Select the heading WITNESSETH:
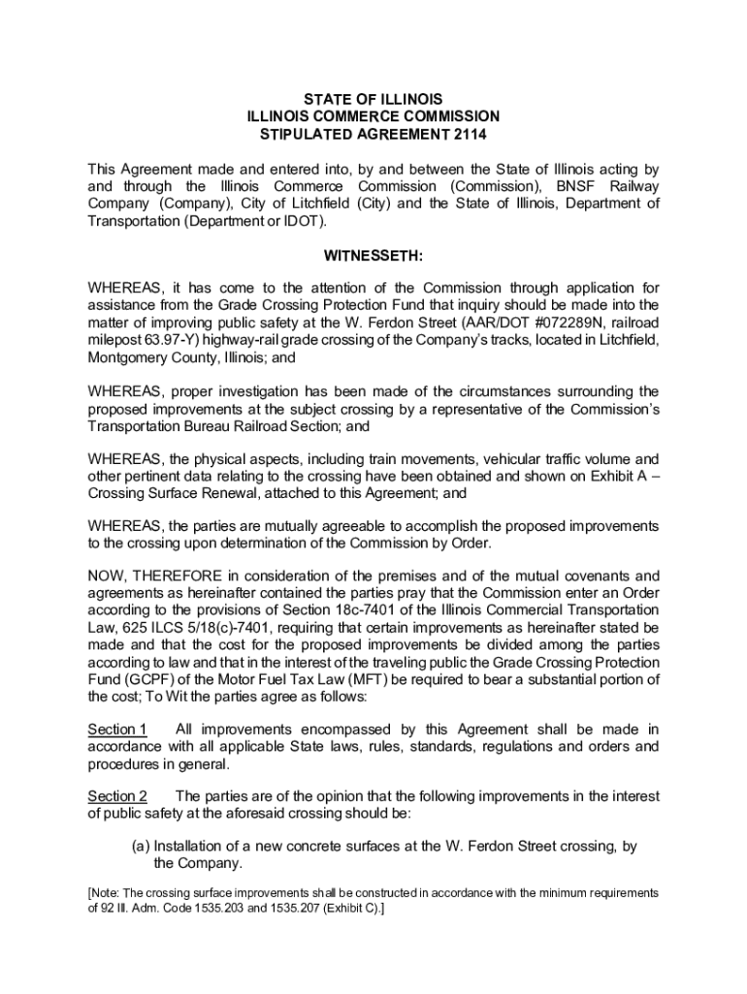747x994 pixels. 373,257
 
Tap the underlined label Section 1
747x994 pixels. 116,729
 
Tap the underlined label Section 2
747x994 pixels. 116,797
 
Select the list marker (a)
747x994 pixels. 142,846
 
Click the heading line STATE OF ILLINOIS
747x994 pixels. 373,100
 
